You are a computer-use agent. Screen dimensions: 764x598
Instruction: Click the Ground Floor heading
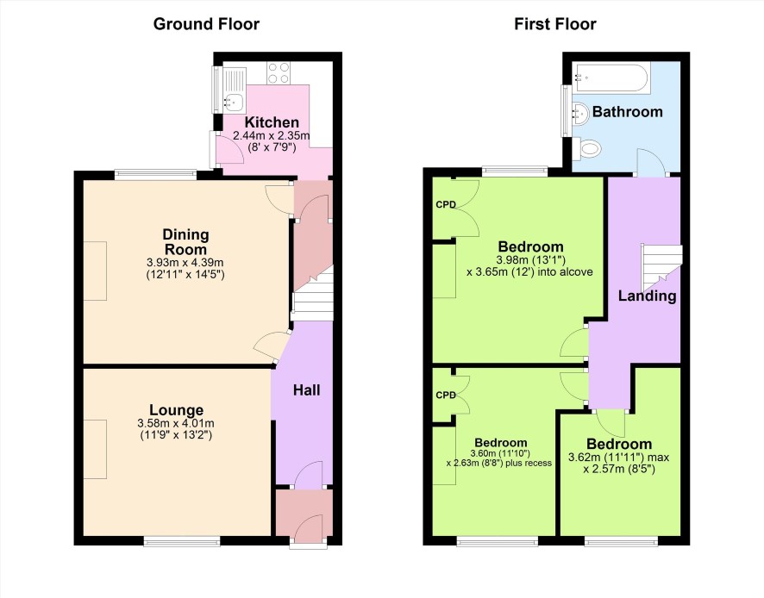(x=206, y=24)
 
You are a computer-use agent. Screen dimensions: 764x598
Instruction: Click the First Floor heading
(x=555, y=24)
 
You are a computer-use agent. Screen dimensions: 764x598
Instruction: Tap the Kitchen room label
(x=272, y=121)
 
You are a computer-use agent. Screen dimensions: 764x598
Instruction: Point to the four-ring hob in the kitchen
(x=279, y=73)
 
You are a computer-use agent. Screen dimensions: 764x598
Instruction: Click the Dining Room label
(x=185, y=241)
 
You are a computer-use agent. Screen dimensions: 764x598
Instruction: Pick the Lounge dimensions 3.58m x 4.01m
(x=176, y=424)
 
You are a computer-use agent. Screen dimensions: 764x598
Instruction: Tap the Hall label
(x=306, y=389)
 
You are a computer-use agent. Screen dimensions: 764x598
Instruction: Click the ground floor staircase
(x=313, y=296)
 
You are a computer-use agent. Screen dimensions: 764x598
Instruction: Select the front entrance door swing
(x=309, y=527)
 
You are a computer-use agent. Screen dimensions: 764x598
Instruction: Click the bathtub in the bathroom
(x=611, y=78)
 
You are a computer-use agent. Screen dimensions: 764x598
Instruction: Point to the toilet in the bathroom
(x=586, y=148)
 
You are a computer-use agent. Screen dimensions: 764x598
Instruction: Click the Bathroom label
(x=628, y=111)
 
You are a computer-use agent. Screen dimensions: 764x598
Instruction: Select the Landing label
(x=647, y=296)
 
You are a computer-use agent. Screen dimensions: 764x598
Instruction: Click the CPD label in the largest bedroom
(x=446, y=204)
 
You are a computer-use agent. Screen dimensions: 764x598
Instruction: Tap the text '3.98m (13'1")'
(x=531, y=259)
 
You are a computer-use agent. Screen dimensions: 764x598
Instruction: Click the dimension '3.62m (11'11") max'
(x=619, y=458)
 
